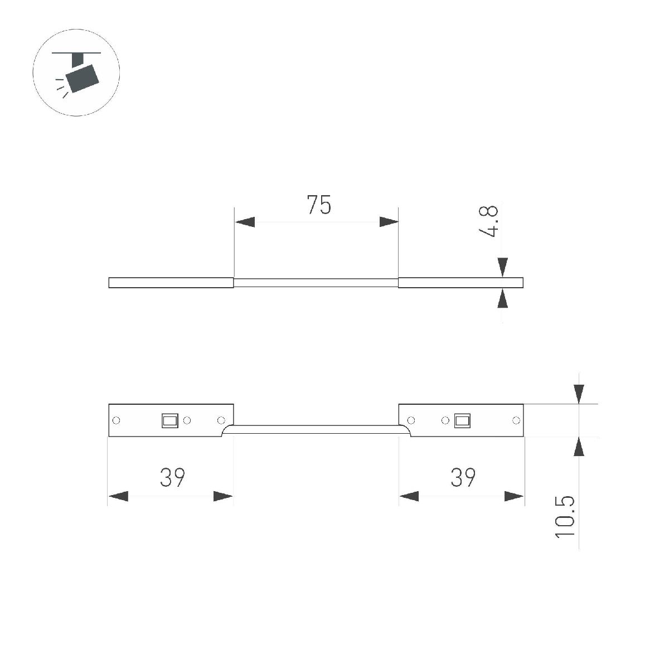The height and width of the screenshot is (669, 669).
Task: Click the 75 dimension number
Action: tap(319, 205)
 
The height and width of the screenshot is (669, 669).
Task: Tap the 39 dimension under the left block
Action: tap(172, 477)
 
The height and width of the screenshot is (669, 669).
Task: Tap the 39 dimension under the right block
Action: tap(462, 477)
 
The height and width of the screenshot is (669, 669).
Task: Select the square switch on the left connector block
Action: tap(169, 420)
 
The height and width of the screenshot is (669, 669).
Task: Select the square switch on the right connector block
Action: tap(462, 420)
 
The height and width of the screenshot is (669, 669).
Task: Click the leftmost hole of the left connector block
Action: tap(117, 420)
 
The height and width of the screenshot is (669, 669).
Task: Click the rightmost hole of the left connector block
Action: tap(221, 420)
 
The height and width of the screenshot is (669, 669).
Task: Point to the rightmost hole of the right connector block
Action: tap(516, 420)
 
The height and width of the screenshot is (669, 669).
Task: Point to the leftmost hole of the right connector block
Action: tap(411, 420)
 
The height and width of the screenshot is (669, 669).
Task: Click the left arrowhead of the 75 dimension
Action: tap(244, 222)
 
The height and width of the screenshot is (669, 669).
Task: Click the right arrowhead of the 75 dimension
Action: tap(389, 222)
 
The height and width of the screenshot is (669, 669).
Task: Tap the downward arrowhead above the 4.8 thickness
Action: tap(502, 266)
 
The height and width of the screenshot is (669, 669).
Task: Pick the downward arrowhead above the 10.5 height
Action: tap(579, 394)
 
